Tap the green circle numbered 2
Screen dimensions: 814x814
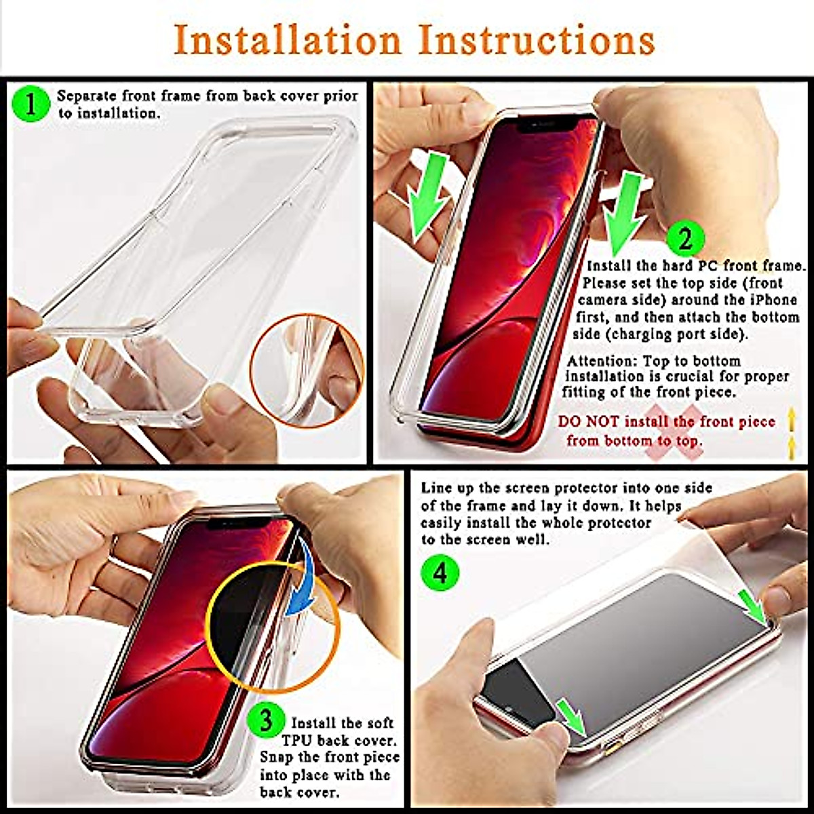click(685, 239)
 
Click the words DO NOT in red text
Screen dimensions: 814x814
click(588, 422)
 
